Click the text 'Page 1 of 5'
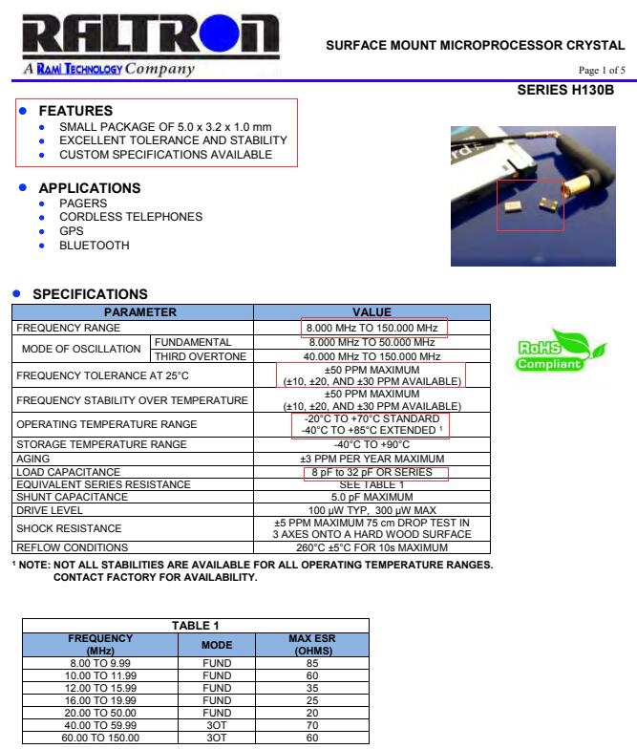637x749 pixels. point(602,71)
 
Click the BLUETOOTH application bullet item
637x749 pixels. point(95,246)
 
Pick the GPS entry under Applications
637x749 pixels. point(72,231)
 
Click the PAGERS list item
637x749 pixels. point(81,203)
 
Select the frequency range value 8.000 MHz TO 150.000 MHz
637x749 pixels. point(373,329)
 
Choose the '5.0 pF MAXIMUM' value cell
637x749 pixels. point(373,496)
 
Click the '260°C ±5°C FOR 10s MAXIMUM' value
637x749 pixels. point(373,547)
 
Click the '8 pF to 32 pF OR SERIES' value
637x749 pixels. point(373,472)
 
